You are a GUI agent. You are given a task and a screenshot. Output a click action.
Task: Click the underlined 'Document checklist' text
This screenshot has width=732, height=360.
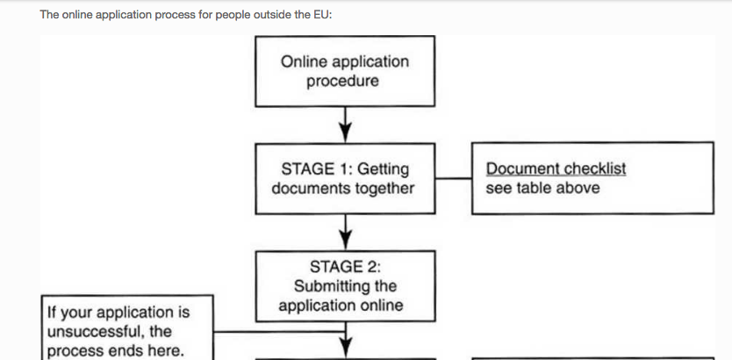click(556, 169)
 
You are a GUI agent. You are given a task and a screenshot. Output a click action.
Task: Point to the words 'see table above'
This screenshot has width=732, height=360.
click(542, 188)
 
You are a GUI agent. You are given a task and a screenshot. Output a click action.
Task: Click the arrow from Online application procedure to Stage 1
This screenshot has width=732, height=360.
click(345, 125)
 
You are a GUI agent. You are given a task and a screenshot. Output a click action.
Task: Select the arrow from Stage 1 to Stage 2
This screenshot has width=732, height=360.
click(345, 232)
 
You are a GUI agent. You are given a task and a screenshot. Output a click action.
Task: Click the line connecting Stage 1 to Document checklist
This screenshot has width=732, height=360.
click(453, 178)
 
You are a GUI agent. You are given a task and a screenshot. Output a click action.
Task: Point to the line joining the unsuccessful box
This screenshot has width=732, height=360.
click(279, 332)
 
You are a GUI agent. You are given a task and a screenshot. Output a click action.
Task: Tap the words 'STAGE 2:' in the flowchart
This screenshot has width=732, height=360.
click(345, 267)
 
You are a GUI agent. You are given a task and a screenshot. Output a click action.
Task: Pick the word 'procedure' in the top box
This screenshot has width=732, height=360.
click(342, 82)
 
